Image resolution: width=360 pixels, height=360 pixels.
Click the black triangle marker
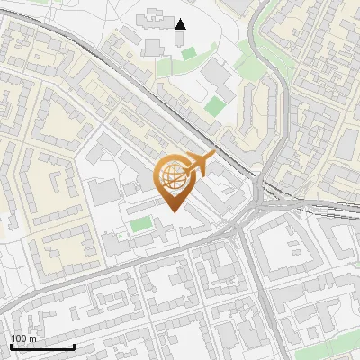tap(181, 23)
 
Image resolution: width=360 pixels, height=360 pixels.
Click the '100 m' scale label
tap(24, 338)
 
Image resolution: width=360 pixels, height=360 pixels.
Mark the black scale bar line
tap(42, 347)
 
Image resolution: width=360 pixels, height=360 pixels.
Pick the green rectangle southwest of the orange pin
tap(140, 222)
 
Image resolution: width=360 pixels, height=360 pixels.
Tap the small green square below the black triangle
tap(187, 54)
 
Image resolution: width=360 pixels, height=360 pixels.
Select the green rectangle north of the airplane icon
tap(214, 106)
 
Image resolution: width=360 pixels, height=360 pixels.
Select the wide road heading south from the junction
tap(256, 288)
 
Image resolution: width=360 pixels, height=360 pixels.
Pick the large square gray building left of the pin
tap(104, 191)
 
